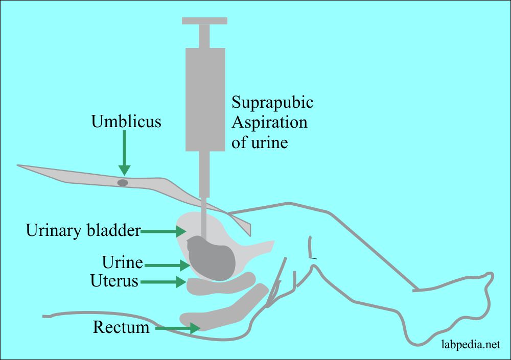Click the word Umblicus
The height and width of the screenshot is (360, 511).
(x=126, y=122)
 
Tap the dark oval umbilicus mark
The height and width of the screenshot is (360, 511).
(x=123, y=182)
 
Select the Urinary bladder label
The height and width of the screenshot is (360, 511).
(x=83, y=231)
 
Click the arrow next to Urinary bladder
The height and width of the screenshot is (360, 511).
(x=164, y=231)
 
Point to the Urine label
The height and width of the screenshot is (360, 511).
(x=122, y=263)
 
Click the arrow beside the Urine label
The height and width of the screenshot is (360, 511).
(x=166, y=265)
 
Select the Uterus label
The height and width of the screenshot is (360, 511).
(x=114, y=281)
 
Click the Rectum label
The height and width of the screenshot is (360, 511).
(x=121, y=326)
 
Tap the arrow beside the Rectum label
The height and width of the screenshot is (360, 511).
(x=176, y=328)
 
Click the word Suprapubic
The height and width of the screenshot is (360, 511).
(x=272, y=103)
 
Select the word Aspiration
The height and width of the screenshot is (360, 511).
(x=269, y=123)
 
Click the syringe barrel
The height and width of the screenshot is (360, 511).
(x=205, y=100)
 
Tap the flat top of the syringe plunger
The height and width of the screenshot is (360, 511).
(x=204, y=21)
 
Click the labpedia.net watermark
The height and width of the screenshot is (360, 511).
(x=470, y=345)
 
